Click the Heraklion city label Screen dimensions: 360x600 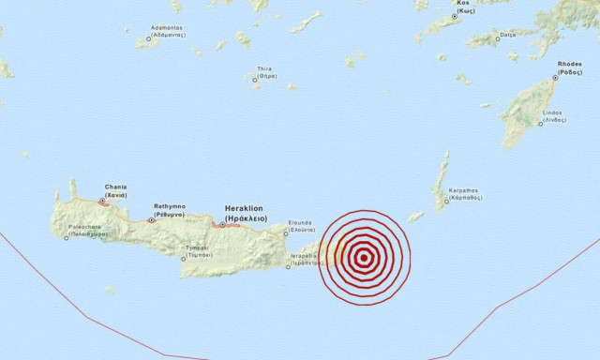(247, 212)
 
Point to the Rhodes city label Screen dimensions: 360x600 (570, 67)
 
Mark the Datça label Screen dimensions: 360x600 (507, 35)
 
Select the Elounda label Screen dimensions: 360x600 (300, 226)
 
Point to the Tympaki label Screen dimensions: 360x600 (195, 251)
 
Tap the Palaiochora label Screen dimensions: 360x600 (92, 231)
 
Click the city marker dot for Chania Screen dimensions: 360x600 (101, 200)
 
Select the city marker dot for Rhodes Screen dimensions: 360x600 (554, 78)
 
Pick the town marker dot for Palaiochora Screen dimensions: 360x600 (66, 237)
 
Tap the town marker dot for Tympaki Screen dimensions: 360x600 (184, 259)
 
